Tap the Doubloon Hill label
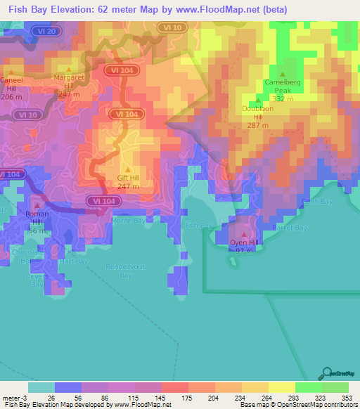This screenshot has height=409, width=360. click(258, 112)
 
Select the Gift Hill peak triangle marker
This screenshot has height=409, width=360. click(128, 168)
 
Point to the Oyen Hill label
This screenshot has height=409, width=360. click(244, 242)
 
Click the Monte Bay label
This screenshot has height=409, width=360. click(127, 219)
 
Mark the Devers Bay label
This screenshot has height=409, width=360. click(37, 280)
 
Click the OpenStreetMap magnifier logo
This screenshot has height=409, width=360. click(326, 372)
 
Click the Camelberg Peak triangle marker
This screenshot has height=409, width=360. click(283, 74)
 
